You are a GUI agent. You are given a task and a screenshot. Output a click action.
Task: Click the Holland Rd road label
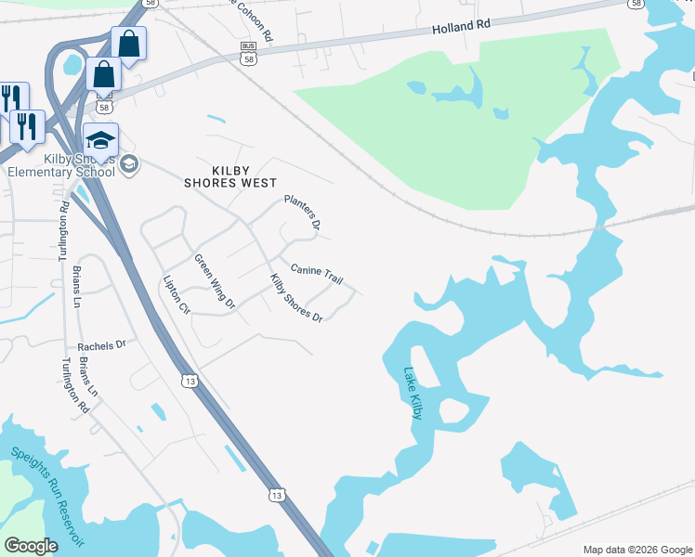click(x=460, y=29)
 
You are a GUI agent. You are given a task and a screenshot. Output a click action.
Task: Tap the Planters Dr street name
click(x=302, y=213)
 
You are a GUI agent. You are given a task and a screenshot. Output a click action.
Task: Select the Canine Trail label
click(x=317, y=272)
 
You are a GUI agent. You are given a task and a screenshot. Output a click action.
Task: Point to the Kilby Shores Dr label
click(x=295, y=298)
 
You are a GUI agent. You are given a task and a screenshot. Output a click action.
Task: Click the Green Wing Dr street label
click(x=215, y=281)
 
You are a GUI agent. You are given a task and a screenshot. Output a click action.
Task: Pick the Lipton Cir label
click(x=177, y=293)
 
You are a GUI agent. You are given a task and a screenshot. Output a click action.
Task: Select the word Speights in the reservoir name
click(x=36, y=473)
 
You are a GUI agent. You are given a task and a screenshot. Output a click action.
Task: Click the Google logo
click(x=32, y=546)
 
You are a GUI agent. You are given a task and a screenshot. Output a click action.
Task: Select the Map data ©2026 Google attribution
click(x=637, y=550)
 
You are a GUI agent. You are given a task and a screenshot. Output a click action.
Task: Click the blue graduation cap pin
click(x=100, y=139)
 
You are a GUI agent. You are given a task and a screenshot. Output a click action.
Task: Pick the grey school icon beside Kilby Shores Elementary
click(x=129, y=165)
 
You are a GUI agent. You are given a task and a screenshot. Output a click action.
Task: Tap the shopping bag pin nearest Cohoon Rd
click(x=128, y=43)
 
